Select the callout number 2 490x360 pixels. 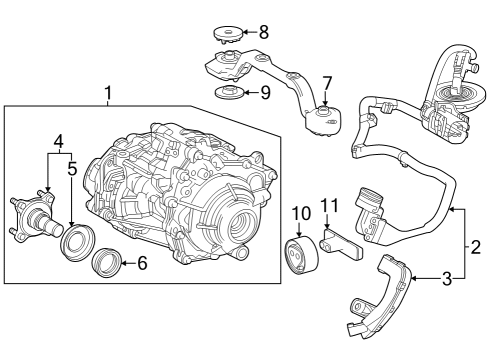(476, 245)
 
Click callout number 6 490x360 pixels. (141, 264)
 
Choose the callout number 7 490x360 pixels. (327, 81)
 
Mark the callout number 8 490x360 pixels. (264, 32)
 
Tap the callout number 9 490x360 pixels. (264, 93)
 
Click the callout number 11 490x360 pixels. (330, 206)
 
